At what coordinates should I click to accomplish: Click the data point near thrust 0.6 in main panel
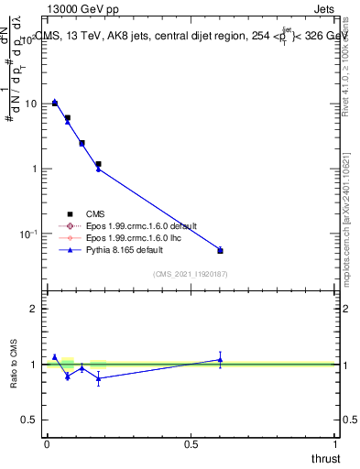(x=220, y=250)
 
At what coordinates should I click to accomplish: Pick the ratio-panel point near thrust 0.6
(x=220, y=360)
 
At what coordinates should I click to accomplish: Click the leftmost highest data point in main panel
(x=55, y=103)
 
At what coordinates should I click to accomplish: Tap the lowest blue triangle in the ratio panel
(x=98, y=378)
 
